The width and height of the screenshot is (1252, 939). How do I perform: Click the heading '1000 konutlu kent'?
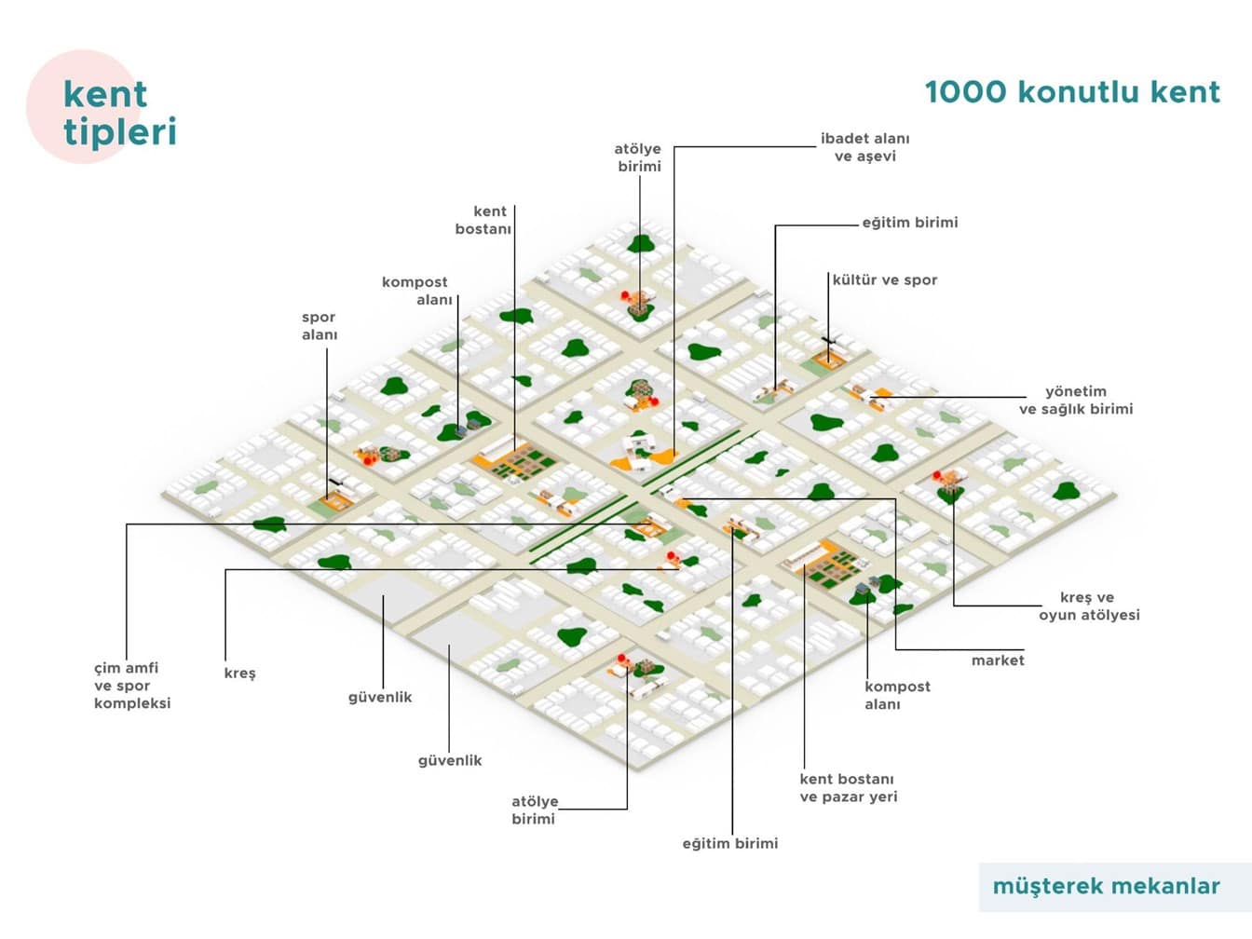(1071, 91)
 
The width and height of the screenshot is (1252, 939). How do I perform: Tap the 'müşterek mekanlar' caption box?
(1106, 886)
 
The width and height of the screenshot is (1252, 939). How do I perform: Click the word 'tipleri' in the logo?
(120, 131)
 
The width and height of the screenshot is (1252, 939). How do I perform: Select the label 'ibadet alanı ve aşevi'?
(864, 147)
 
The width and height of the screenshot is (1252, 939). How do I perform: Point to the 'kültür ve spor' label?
(885, 279)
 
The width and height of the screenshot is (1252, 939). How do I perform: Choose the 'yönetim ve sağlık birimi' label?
(1076, 400)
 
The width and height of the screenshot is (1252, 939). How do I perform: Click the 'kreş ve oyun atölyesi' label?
(1089, 606)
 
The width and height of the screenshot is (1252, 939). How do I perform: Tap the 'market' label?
(997, 660)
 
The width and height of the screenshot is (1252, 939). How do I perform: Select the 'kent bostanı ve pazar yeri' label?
(848, 787)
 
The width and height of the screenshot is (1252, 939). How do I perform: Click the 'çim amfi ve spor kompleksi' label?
(132, 685)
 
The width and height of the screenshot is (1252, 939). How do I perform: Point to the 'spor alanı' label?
(319, 325)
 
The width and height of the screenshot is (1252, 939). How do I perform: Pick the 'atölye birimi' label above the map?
(638, 156)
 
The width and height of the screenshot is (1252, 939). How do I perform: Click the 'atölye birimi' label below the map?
(534, 810)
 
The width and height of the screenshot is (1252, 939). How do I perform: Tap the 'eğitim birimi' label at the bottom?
(729, 843)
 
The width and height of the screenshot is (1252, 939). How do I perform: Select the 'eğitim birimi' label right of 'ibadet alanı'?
(909, 223)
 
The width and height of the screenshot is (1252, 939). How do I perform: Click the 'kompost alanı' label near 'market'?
(896, 695)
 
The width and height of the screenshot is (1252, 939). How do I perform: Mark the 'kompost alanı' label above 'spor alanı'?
(415, 290)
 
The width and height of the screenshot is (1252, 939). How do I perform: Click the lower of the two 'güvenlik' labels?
(450, 760)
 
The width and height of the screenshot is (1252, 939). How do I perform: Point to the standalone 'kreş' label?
(239, 673)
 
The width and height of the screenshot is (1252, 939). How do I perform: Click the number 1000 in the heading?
(966, 91)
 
